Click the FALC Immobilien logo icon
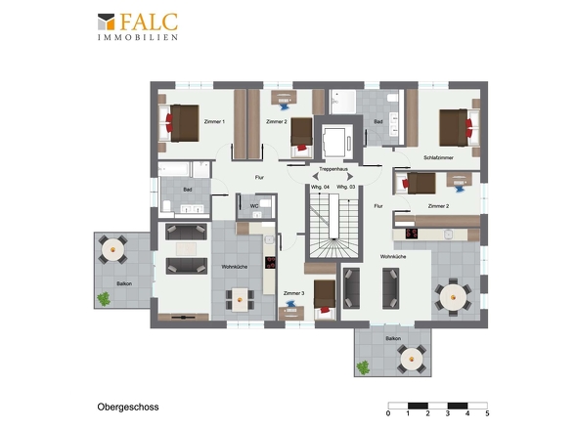click(x=106, y=21)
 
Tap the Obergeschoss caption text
click(x=128, y=407)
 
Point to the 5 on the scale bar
click(x=487, y=413)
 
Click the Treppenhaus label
click(x=333, y=169)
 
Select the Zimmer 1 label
click(x=214, y=121)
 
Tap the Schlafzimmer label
click(x=438, y=157)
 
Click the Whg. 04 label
click(x=320, y=187)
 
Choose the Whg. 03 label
click(x=346, y=187)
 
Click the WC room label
click(x=254, y=206)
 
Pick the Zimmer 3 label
click(x=293, y=293)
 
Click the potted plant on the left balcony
click(x=104, y=299)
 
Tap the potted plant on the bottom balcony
click(x=363, y=367)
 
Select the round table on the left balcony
click(x=112, y=250)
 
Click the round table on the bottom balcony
click(x=412, y=359)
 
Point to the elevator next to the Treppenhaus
click(x=336, y=142)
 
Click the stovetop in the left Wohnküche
click(x=270, y=263)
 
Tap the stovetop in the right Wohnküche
click(x=412, y=234)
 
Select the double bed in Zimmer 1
click(x=179, y=123)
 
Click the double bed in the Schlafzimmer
click(x=460, y=128)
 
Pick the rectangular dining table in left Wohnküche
click(x=240, y=300)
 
